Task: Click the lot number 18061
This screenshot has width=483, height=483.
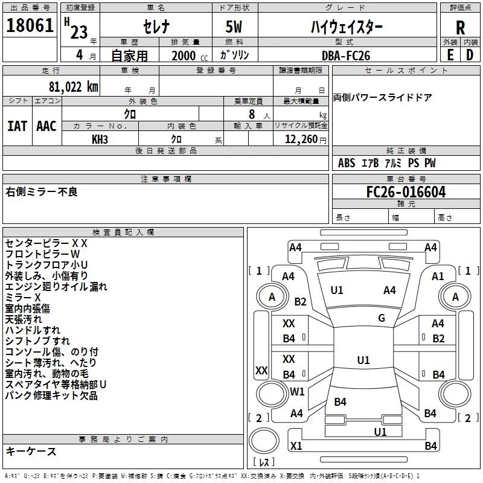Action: tap(31, 27)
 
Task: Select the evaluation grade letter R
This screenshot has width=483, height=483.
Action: tap(460, 28)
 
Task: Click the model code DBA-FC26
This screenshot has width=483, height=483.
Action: tap(345, 56)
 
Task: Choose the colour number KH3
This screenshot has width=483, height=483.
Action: tap(100, 139)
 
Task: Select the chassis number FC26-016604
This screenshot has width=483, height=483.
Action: tap(406, 193)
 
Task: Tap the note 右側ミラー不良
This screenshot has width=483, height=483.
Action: tap(42, 192)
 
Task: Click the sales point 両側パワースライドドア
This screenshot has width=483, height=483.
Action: tap(383, 98)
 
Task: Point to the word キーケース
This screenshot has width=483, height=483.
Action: tap(31, 451)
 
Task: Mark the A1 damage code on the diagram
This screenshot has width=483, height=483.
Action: tap(438, 276)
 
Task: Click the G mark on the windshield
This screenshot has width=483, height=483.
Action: tap(382, 318)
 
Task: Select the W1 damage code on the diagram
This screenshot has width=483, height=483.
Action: tap(297, 391)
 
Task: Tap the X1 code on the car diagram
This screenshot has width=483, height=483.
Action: tap(296, 446)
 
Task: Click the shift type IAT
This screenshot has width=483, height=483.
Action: tap(16, 126)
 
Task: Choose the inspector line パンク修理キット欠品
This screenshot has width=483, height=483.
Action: tap(51, 396)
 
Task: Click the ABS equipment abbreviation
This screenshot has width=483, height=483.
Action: tap(347, 163)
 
